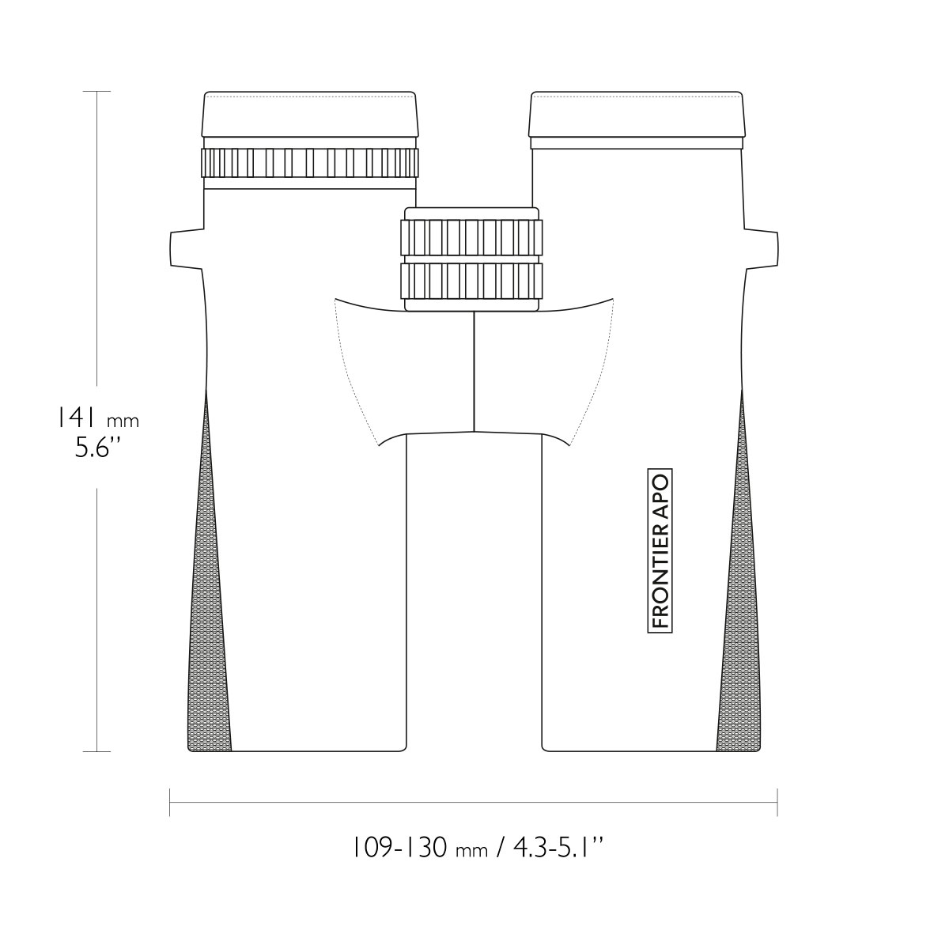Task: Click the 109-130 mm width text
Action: (x=419, y=848)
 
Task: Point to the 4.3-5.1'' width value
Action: (x=558, y=848)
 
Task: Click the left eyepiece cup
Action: (x=310, y=114)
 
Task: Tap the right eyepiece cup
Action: (x=637, y=114)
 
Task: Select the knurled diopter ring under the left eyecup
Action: (x=310, y=163)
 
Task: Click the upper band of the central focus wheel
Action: (x=472, y=237)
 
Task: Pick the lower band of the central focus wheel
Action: (x=472, y=282)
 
